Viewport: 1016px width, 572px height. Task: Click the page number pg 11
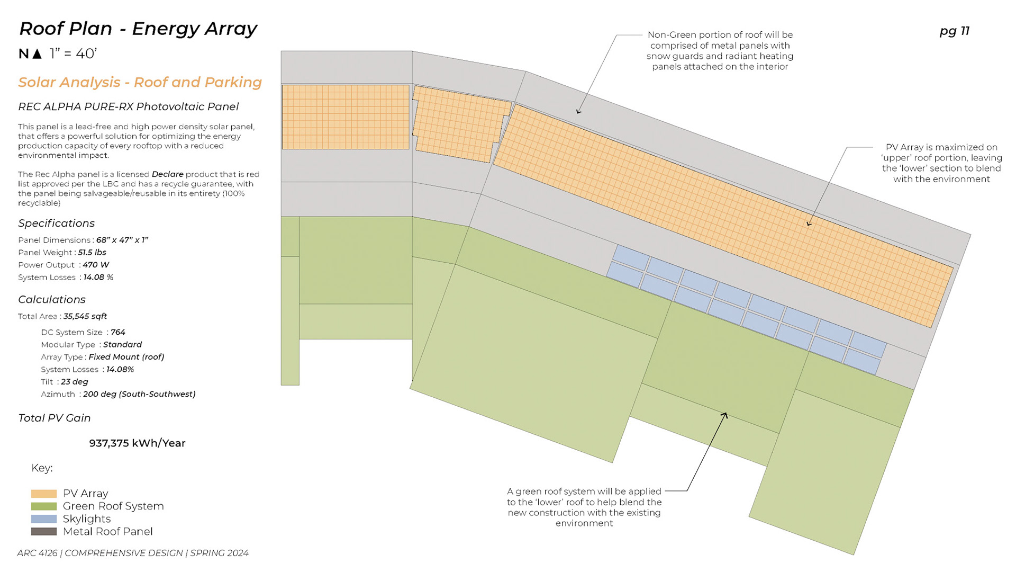(x=954, y=31)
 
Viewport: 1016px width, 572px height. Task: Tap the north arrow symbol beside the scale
(x=37, y=53)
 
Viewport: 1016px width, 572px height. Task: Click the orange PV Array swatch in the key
(x=44, y=494)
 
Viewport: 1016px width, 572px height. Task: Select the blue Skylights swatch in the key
(x=44, y=519)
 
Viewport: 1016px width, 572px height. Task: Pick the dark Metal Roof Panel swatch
(x=44, y=531)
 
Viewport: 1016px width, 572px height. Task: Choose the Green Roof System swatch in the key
(x=44, y=506)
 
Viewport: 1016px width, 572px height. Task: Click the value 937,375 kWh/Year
(x=137, y=443)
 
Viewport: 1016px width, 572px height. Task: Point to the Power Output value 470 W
(x=96, y=265)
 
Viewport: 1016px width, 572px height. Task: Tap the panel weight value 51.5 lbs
(x=92, y=253)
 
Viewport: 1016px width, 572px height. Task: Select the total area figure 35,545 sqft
(x=85, y=316)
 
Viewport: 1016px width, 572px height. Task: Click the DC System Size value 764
(x=118, y=332)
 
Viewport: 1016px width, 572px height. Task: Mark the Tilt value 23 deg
(x=75, y=382)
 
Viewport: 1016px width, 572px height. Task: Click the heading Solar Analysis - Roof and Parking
(x=140, y=83)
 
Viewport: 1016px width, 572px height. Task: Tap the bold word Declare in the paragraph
(x=167, y=174)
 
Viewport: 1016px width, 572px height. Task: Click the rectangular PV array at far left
(x=346, y=117)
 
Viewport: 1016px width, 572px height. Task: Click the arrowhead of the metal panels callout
(x=578, y=112)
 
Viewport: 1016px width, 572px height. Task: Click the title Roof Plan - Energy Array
(x=138, y=29)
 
